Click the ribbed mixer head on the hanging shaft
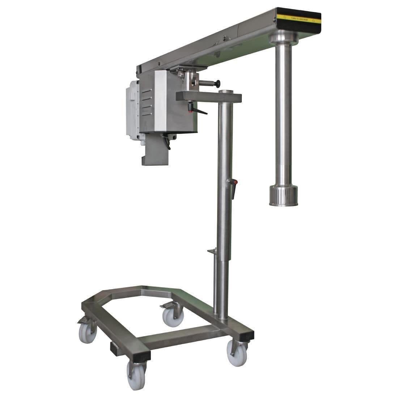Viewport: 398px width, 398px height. [283, 195]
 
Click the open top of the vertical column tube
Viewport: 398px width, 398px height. [226, 92]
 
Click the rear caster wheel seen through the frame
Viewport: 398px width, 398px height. [173, 316]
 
